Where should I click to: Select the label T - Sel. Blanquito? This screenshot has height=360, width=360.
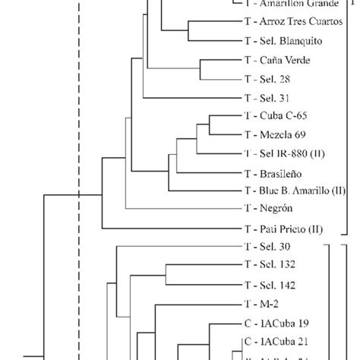coord(280,41)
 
